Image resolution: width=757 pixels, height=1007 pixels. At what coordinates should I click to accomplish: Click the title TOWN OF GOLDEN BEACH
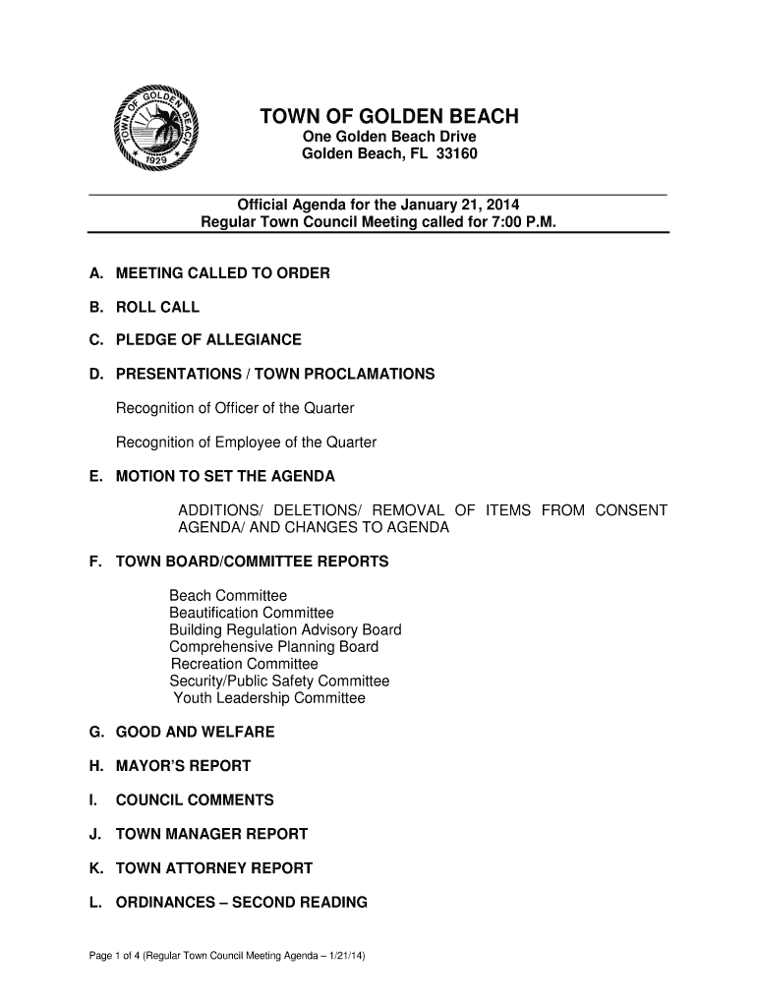pos(388,118)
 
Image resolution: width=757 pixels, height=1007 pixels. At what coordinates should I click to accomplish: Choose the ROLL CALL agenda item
pos(157,307)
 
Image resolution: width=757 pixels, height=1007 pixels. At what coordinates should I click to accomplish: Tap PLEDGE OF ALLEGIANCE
pos(208,340)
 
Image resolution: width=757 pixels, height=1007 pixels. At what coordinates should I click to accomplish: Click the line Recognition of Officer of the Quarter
pos(235,408)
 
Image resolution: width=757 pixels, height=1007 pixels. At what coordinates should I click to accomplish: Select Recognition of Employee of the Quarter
pos(246,443)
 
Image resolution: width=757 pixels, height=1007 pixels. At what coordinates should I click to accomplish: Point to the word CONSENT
pos(630,510)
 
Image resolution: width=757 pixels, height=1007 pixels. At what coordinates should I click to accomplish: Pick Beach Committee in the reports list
pos(228,596)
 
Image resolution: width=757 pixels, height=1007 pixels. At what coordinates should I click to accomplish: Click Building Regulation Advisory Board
pos(285,629)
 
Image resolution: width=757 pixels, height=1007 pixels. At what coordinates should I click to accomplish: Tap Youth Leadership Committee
pos(269,698)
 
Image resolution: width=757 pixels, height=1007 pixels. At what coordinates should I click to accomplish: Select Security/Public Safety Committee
pos(279,681)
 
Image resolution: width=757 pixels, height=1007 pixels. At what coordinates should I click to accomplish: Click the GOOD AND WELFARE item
pos(195,732)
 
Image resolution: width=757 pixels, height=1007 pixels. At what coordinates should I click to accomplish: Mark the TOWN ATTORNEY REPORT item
pos(213,868)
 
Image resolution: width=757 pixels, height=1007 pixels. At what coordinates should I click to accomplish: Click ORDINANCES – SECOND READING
pos(241,902)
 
